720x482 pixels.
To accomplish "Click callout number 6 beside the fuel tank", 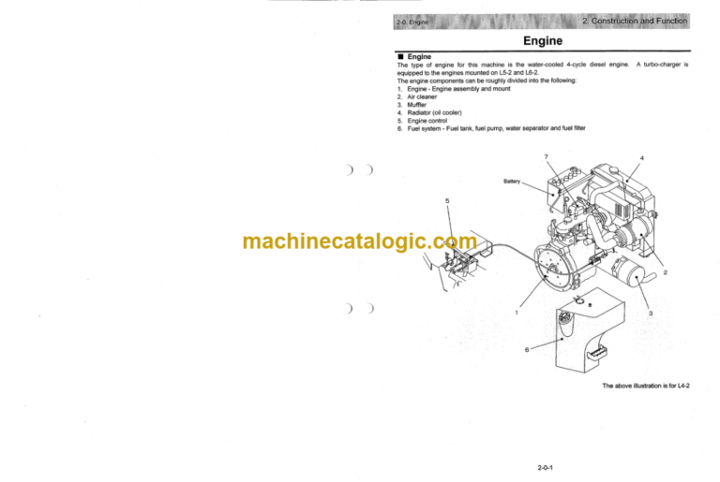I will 526,348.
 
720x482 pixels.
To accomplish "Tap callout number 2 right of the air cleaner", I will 665,272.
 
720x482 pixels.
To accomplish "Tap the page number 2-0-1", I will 543,460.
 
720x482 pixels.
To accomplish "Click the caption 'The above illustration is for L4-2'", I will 645,386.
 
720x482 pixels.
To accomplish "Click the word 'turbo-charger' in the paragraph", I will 658,65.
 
